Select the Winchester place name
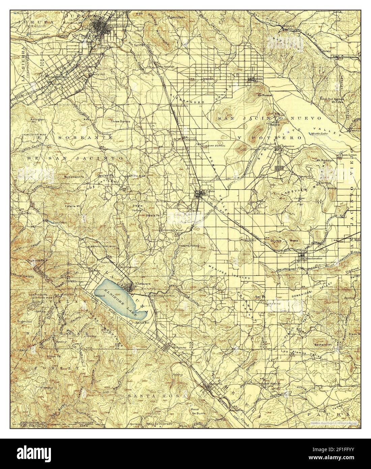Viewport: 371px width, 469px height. pyautogui.click(x=314, y=258)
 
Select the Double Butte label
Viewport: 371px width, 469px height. pyautogui.click(x=283, y=241)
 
